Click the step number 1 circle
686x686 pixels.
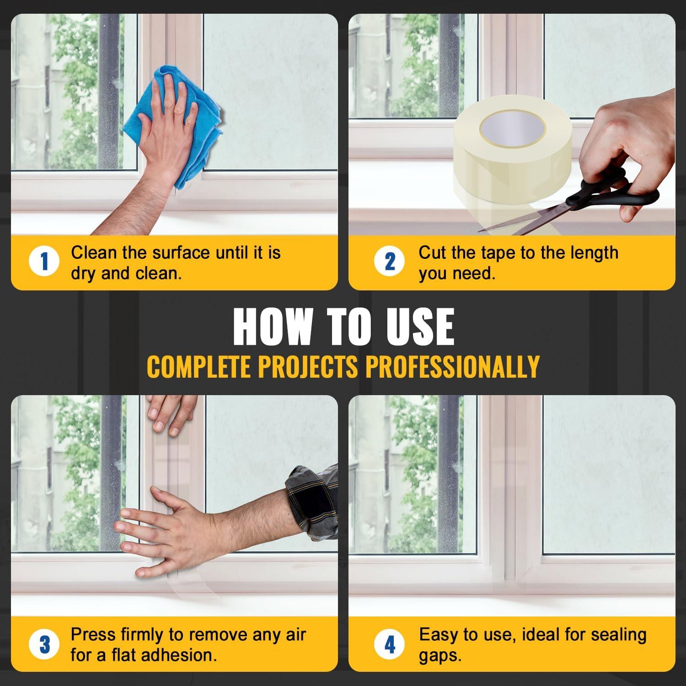pos(44,262)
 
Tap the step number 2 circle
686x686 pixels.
pos(390,262)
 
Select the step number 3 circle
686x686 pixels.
pos(44,644)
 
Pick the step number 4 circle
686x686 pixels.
pos(390,644)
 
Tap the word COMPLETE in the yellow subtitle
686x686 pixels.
pos(199,366)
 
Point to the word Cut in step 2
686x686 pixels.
pos(432,252)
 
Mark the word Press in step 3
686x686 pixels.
pos(93,635)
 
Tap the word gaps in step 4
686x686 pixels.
pos(440,656)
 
